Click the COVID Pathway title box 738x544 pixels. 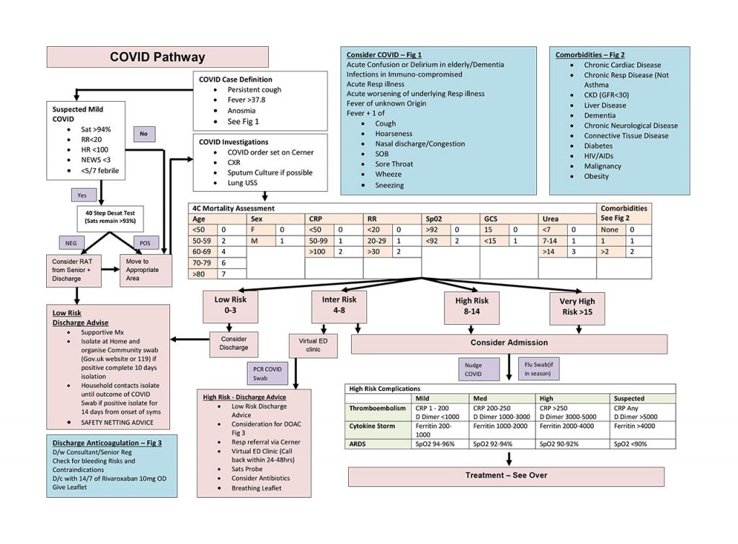157,57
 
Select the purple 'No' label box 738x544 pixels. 144,133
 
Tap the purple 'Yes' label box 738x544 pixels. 82,195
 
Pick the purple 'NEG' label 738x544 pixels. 72,242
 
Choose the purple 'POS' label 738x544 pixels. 145,242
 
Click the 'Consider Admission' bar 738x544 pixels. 509,343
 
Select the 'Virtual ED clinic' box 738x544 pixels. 312,344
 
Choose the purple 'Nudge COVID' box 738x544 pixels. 473,369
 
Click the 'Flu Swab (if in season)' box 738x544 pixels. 537,369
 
